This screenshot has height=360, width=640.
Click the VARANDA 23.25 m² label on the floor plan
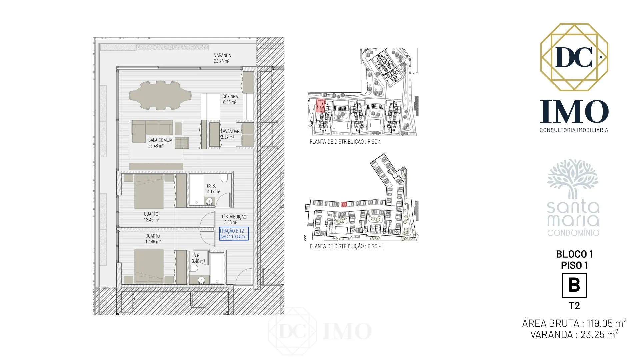[x=222, y=58]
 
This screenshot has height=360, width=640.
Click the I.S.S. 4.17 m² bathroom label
[x=213, y=189]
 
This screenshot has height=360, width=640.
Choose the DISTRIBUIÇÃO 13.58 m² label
[x=234, y=219]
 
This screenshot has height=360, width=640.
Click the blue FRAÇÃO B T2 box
[x=234, y=234]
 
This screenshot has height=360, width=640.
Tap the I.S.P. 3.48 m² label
[x=198, y=258]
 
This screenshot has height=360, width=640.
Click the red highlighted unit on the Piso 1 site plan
[x=320, y=105]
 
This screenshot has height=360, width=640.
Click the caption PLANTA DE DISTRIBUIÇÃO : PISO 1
[x=345, y=142]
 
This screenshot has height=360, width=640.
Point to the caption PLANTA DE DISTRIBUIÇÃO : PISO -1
[x=346, y=246]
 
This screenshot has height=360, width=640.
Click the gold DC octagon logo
[x=574, y=57]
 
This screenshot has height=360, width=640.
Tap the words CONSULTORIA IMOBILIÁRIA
[x=574, y=130]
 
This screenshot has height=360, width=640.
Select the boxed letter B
[x=574, y=286]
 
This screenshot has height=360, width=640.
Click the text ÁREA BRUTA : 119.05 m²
[x=574, y=323]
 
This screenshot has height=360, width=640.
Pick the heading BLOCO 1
[x=574, y=254]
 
